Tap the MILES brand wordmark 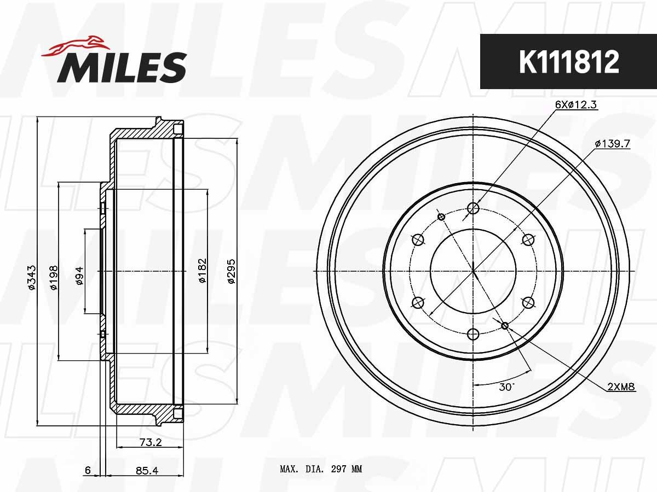pyautogui.click(x=122, y=68)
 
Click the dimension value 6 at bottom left pyautogui.click(x=87, y=470)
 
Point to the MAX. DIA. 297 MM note pyautogui.click(x=321, y=469)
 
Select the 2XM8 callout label pyautogui.click(x=620, y=386)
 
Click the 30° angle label pyautogui.click(x=506, y=386)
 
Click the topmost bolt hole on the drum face pyautogui.click(x=474, y=208)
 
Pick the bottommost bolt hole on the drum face pyautogui.click(x=474, y=334)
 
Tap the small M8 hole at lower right pyautogui.click(x=505, y=326)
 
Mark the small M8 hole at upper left pyautogui.click(x=441, y=217)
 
